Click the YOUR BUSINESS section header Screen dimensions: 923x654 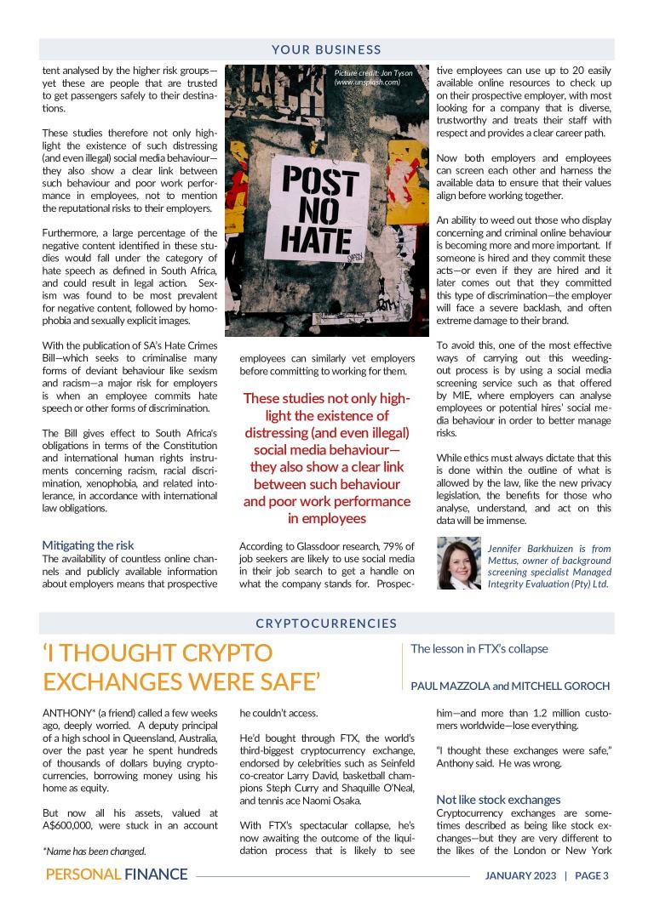tap(327, 50)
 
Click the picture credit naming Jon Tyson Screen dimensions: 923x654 tap(374, 77)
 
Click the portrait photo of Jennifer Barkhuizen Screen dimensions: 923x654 tap(458, 563)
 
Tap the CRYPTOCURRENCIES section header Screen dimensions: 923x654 tap(327, 624)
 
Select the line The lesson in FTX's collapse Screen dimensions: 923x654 tap(479, 649)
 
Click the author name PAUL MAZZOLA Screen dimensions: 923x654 tap(449, 686)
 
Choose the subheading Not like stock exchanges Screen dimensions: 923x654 tap(498, 800)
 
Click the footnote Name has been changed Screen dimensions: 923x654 tap(95, 851)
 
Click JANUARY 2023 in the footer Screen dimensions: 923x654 tap(519, 875)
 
